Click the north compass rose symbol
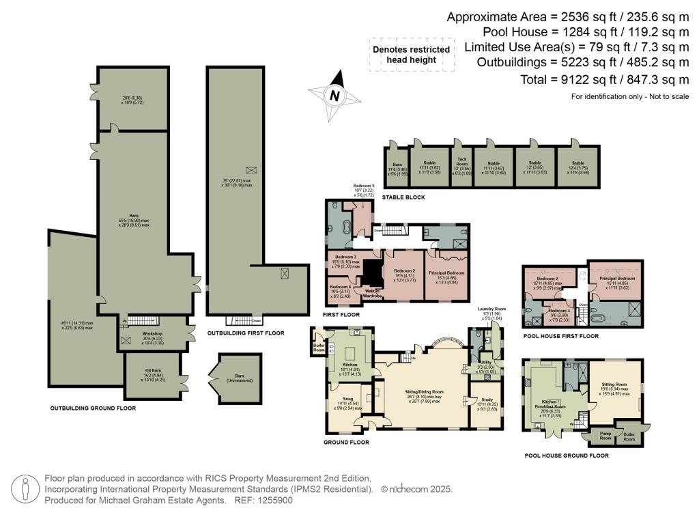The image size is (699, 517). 334,96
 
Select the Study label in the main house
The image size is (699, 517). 486,401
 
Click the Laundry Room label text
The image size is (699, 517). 491,311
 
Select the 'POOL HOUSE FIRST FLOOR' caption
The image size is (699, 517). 560,336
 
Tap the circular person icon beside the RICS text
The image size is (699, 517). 25,489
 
